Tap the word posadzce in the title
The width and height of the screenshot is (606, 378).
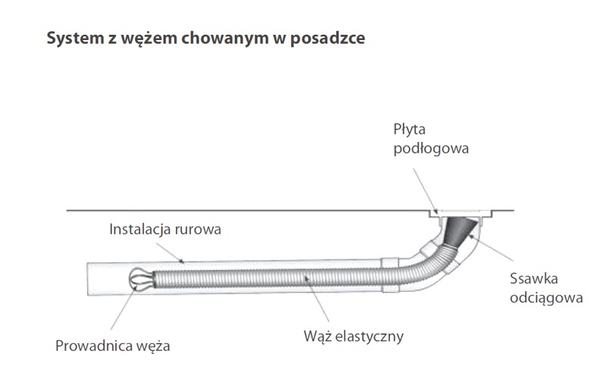pyautogui.click(x=327, y=39)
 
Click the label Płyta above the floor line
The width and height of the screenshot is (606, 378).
pyautogui.click(x=409, y=129)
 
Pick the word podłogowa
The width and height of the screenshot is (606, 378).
pyautogui.click(x=431, y=148)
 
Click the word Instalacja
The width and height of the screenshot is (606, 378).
pyautogui.click(x=140, y=229)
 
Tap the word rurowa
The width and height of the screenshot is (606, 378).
pyautogui.click(x=198, y=231)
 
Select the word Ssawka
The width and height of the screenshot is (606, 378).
pyautogui.click(x=534, y=278)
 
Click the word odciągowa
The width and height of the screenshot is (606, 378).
pyautogui.click(x=546, y=298)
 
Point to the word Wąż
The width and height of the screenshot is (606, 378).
pyautogui.click(x=317, y=336)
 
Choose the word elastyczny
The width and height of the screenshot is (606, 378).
pyautogui.click(x=369, y=336)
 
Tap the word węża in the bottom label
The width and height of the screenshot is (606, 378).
pyautogui.click(x=153, y=347)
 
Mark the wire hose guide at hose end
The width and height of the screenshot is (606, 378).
pyautogui.click(x=141, y=278)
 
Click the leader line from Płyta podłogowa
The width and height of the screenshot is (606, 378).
pyautogui.click(x=426, y=191)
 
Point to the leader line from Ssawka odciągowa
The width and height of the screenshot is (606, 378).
pyautogui.click(x=492, y=248)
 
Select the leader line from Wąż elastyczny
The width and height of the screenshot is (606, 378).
pyautogui.click(x=317, y=298)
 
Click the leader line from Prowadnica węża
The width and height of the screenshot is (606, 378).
pyautogui.click(x=123, y=307)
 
